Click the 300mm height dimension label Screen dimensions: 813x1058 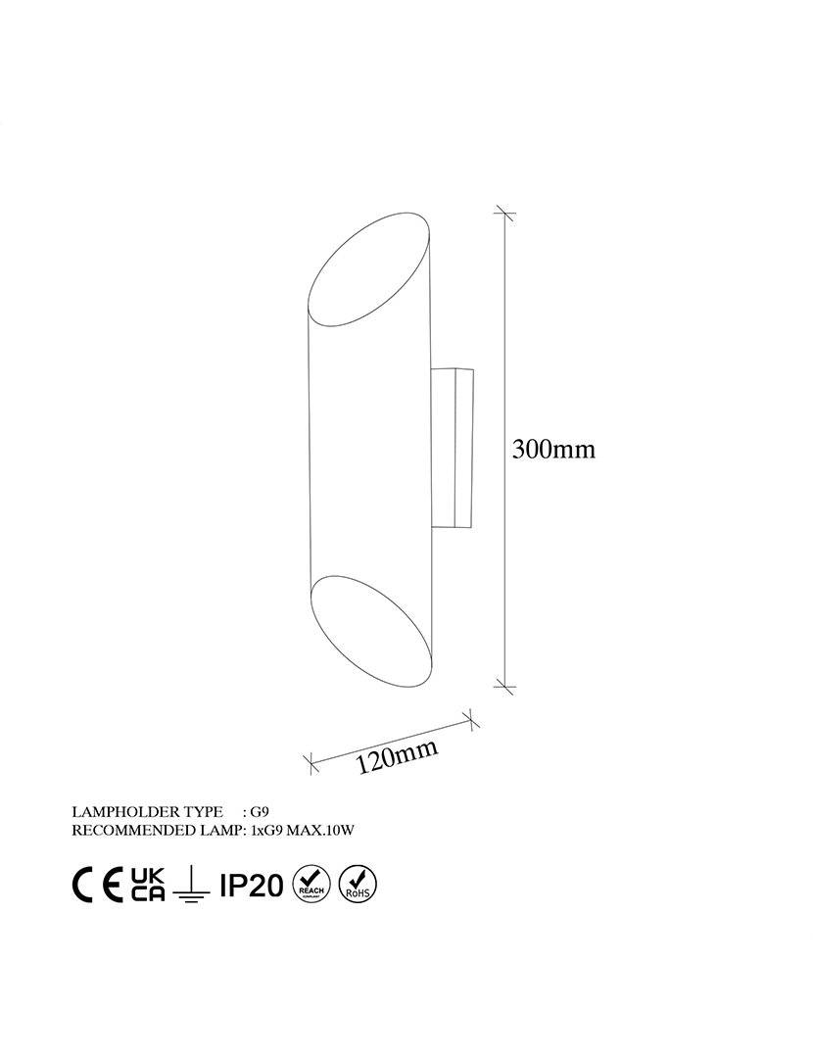coord(554,449)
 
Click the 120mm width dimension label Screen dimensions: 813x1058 coord(398,755)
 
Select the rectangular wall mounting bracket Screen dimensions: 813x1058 coord(451,447)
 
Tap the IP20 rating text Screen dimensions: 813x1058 coord(252,885)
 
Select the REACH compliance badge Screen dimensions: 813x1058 coord(311,884)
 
